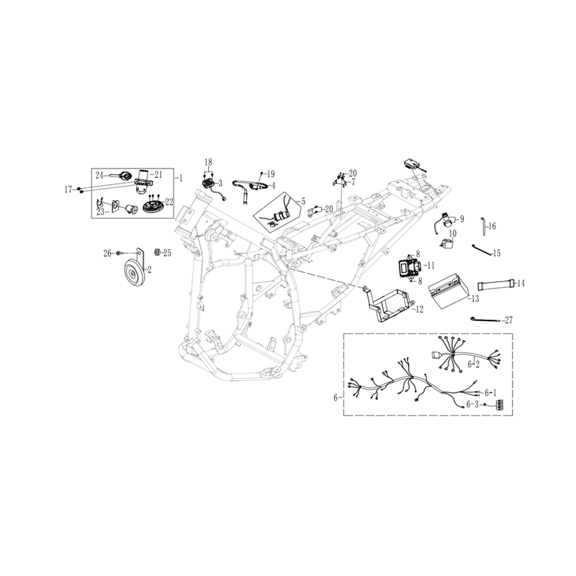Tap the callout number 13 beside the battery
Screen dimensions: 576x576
click(x=474, y=299)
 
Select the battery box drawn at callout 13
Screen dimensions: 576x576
click(x=449, y=289)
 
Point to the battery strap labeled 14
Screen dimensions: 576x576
click(x=496, y=284)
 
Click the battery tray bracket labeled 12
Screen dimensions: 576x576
click(x=390, y=303)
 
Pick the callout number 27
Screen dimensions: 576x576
click(x=508, y=320)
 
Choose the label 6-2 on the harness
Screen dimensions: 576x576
click(x=474, y=364)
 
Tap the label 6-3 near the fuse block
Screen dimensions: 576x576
click(x=473, y=404)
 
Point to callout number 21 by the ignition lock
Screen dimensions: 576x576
click(x=158, y=175)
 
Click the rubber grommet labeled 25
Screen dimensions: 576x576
click(x=158, y=253)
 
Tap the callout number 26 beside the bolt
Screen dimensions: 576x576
click(x=107, y=253)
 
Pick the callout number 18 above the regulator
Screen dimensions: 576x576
click(x=208, y=162)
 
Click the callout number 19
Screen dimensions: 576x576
click(x=271, y=174)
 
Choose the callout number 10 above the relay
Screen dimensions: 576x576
click(x=453, y=233)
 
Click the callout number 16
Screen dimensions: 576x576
click(x=492, y=226)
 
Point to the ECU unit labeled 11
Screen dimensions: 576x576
click(x=408, y=266)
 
